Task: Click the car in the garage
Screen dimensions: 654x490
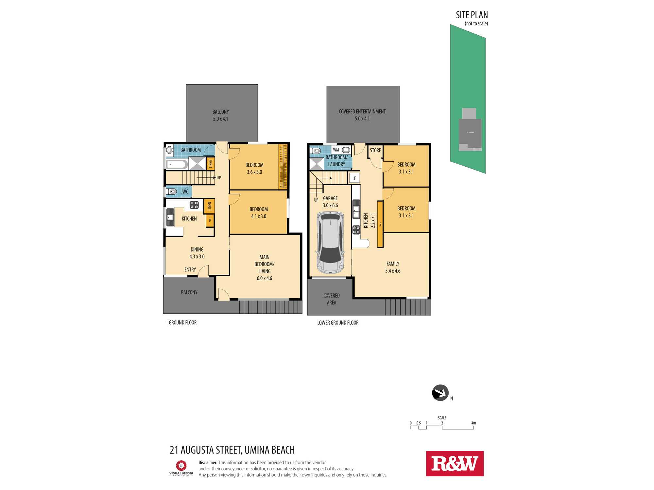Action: coord(330,242)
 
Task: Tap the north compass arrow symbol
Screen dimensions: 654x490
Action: coord(440,393)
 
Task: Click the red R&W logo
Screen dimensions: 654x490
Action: coord(455,464)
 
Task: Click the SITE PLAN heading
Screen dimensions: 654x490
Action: coord(472,15)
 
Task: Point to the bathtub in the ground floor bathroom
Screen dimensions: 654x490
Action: coord(177,164)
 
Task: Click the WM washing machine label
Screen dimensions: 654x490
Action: coord(336,150)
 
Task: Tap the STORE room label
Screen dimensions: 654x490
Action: coord(375,150)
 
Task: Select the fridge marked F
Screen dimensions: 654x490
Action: coord(355,178)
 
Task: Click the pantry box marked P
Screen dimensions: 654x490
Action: coord(210,220)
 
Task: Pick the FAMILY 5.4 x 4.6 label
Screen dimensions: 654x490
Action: coord(393,267)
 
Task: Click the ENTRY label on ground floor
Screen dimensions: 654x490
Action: coord(190,269)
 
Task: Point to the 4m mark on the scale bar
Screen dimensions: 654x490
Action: coord(473,423)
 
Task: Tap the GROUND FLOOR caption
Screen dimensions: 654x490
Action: coord(182,322)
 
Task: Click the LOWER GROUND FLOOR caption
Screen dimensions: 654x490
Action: coord(338,323)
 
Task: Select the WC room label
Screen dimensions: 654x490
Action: coord(185,191)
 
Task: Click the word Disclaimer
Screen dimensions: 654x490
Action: coord(208,463)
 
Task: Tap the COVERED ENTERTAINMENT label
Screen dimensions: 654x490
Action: coord(362,111)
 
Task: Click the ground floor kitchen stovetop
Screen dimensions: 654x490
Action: coord(194,205)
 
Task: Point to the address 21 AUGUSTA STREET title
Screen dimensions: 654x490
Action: coord(232,450)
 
